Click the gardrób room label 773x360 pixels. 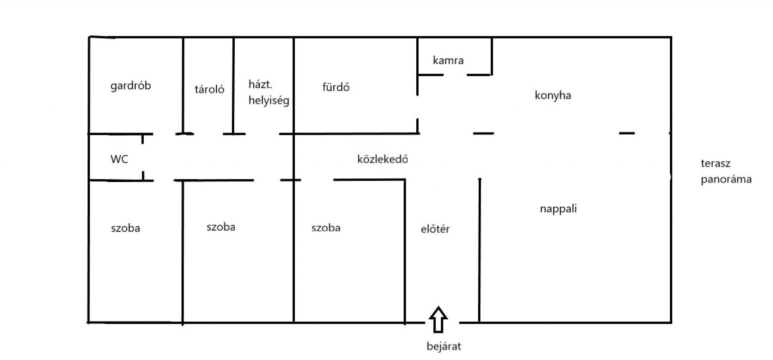tap(130, 86)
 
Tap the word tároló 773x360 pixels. tap(209, 89)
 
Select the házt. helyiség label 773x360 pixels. tap(269, 93)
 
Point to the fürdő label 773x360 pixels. tap(336, 87)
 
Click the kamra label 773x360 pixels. tap(448, 60)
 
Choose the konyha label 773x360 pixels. tap(553, 95)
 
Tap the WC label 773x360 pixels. tap(119, 159)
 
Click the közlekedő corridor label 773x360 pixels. tap(382, 159)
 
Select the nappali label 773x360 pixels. tap(558, 209)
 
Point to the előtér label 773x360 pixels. tap(435, 229)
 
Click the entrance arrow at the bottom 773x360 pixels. tap(438, 320)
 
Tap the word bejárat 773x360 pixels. tap(444, 346)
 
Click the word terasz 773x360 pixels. tap(715, 163)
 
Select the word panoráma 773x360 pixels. tap(726, 180)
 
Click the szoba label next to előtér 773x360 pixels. tap(326, 228)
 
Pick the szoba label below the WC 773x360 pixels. tap(126, 228)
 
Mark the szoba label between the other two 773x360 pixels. tap(221, 227)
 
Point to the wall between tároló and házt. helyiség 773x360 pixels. tap(234, 86)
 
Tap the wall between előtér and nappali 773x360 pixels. tap(480, 250)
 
